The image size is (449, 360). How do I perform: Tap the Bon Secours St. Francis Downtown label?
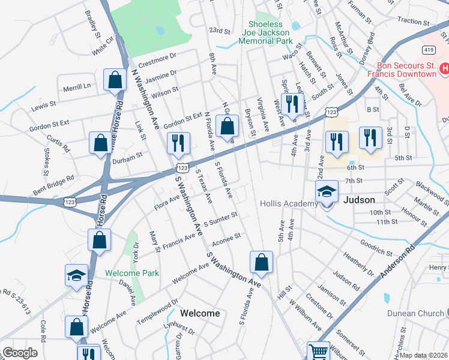(x=406, y=70)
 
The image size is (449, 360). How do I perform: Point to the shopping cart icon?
(x=318, y=352)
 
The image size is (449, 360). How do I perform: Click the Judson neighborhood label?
(x=359, y=200)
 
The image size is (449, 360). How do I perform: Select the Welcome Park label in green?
(x=132, y=273)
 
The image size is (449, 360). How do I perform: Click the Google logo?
(x=19, y=353)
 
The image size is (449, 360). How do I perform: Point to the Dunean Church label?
(x=414, y=313)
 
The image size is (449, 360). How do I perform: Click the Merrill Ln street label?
(x=76, y=88)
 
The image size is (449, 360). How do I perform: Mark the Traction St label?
(x=414, y=21)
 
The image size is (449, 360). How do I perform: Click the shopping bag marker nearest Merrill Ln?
(x=115, y=80)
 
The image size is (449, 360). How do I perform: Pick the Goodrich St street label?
(x=376, y=246)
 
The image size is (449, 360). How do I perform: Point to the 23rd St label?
(x=220, y=31)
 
